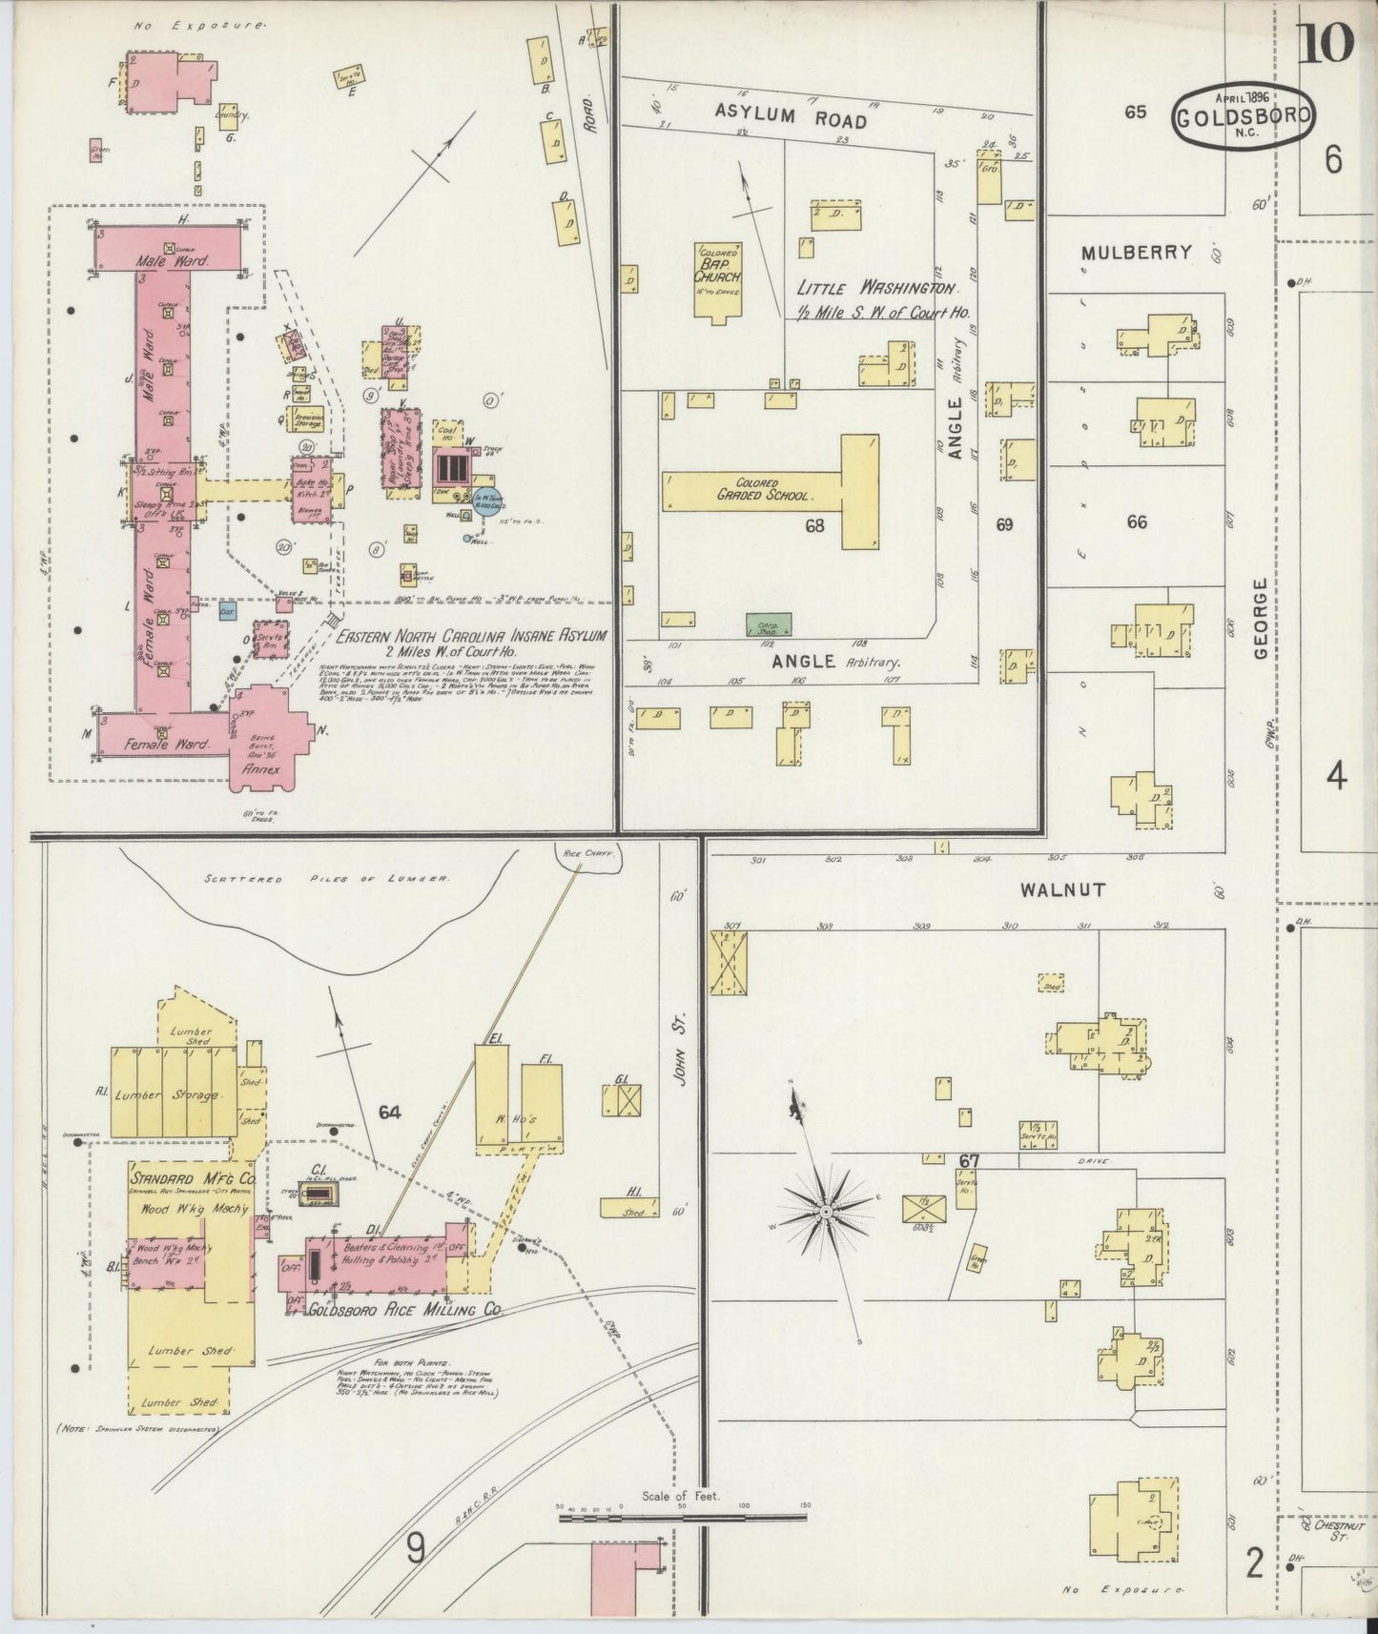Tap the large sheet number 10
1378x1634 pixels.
tap(1325, 44)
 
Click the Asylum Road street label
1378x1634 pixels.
tap(791, 118)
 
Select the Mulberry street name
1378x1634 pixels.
tap(1136, 253)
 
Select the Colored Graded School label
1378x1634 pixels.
tap(763, 490)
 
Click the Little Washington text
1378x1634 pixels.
tap(877, 288)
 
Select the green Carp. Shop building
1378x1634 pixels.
tap(768, 625)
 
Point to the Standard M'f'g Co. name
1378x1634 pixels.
tap(190, 1176)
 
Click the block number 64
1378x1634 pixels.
tap(389, 1112)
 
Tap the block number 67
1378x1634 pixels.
tap(970, 1160)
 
